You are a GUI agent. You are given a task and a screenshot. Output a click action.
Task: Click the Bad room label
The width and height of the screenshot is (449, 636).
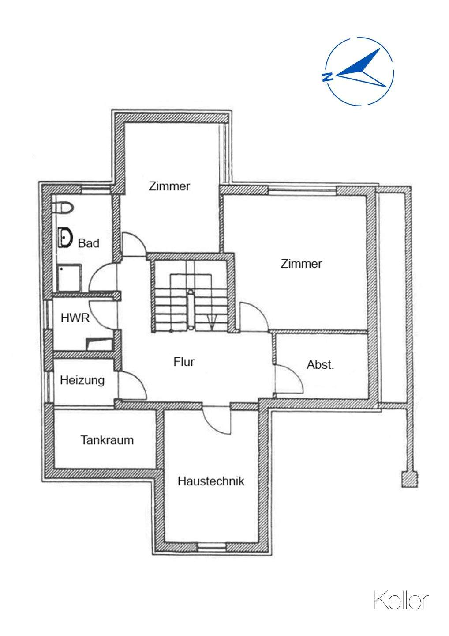click(x=89, y=242)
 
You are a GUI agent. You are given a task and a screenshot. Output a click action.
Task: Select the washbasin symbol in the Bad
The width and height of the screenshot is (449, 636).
click(x=65, y=238)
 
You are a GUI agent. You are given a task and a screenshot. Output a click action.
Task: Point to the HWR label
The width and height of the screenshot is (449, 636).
click(x=75, y=317)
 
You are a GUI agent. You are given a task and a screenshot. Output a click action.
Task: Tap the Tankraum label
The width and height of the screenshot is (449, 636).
click(x=107, y=440)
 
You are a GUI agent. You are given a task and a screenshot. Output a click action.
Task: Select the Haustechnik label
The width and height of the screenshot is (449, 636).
click(x=211, y=481)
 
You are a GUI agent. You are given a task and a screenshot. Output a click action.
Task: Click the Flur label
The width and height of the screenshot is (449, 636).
click(x=184, y=362)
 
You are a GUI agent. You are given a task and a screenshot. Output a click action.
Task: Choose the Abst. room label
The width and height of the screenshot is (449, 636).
click(x=321, y=365)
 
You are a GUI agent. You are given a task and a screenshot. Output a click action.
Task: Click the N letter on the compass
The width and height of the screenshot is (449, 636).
click(x=327, y=77)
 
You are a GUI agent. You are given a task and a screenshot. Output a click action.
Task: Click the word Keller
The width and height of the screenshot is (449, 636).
click(x=401, y=601)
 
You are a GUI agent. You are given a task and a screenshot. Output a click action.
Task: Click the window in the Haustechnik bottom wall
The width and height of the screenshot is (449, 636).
click(x=212, y=547)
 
